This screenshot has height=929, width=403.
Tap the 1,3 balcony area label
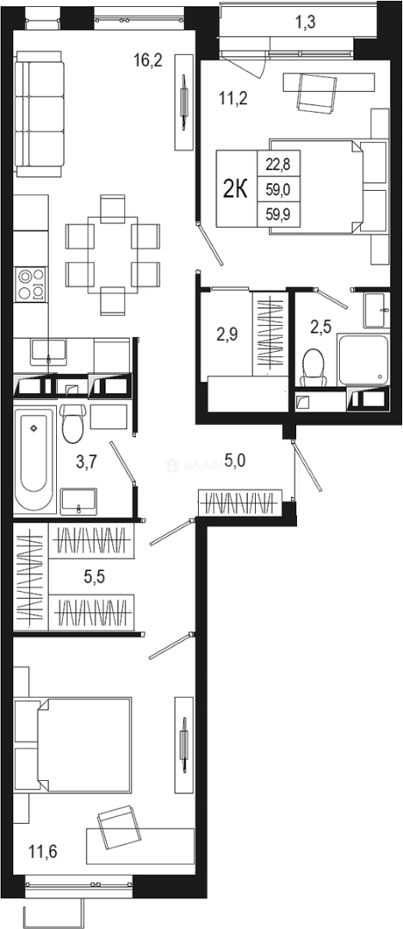pos(306,23)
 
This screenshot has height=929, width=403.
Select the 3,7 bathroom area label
pos(86,463)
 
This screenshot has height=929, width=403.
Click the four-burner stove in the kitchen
pos(31,284)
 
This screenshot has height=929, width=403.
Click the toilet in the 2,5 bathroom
pos(313,367)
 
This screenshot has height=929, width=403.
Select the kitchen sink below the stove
pos(49,349)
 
